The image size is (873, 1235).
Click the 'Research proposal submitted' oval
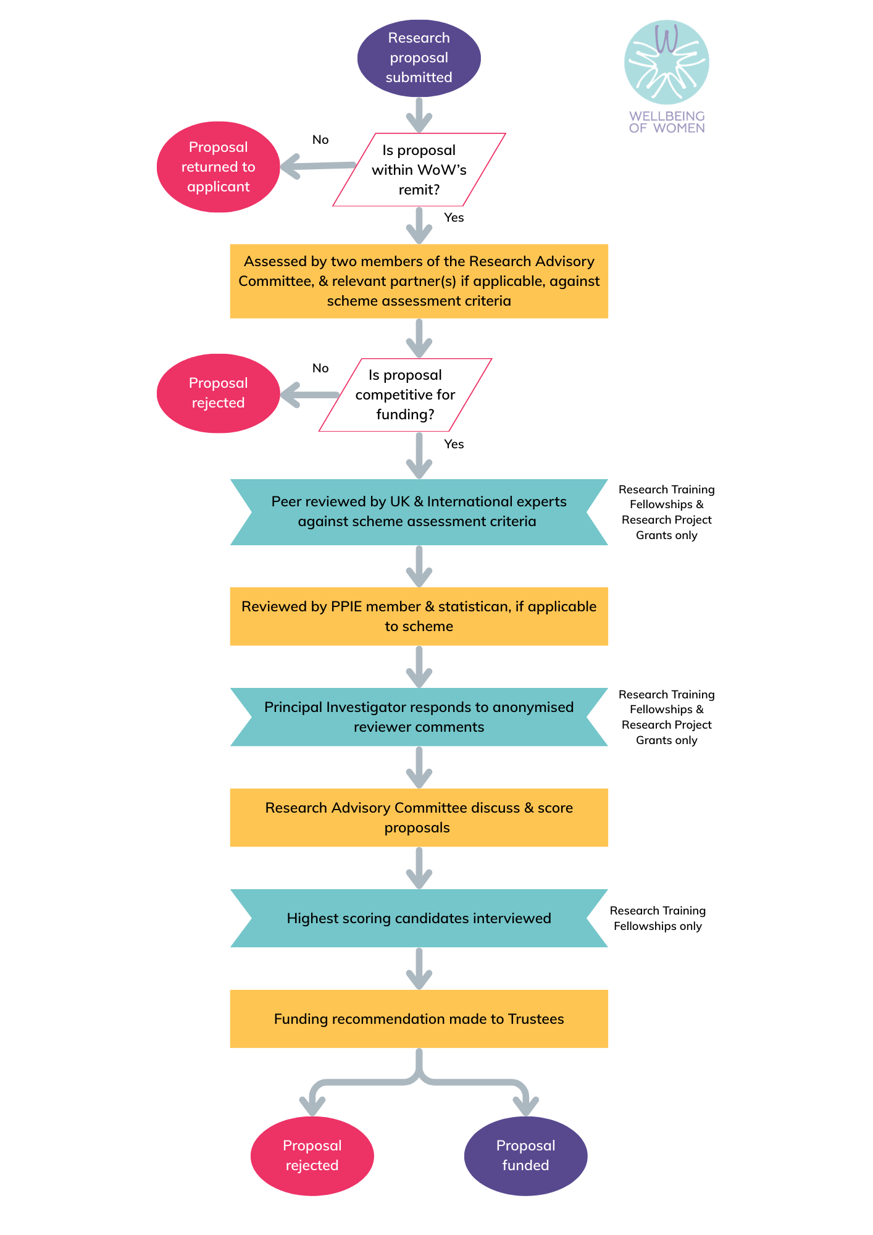419,58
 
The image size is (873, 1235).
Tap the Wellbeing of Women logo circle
666,62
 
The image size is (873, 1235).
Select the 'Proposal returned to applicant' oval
218,167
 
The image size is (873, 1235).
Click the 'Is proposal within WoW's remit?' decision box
419,170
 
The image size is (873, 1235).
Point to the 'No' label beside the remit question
320,140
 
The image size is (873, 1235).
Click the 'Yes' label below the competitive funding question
454,444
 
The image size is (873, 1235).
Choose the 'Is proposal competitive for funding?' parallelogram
405,395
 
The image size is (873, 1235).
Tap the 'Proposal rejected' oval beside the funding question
218,393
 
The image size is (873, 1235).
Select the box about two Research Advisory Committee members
419,282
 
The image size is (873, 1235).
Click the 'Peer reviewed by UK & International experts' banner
419,512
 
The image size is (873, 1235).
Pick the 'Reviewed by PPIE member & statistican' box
419,616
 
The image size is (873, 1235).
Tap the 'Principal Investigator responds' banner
419,717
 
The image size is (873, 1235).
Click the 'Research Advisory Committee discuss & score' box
419,818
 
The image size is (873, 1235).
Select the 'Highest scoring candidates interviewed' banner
419,918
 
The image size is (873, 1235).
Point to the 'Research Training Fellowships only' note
658,918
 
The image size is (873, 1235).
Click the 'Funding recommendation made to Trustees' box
419,1019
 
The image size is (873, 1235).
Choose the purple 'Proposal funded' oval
525,1155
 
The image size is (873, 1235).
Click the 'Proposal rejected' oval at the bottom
312,1155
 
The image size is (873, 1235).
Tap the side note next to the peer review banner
666,512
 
